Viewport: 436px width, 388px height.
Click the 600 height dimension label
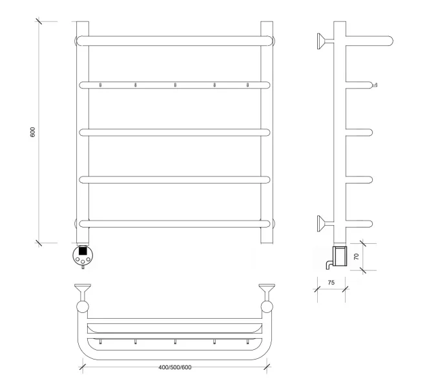(x=32, y=132)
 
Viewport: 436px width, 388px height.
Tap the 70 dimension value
(x=356, y=256)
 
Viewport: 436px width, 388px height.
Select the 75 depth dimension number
(x=331, y=283)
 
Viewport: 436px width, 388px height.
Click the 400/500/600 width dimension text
(x=175, y=367)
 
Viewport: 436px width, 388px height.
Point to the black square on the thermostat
(x=83, y=251)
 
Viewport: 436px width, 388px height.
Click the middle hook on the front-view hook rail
(x=175, y=85)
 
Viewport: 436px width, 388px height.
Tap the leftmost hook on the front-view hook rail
(x=100, y=85)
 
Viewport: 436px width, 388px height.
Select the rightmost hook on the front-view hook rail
(x=247, y=85)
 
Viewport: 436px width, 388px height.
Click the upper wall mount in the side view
(x=326, y=41)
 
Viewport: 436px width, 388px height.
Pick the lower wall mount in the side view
(x=326, y=224)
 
